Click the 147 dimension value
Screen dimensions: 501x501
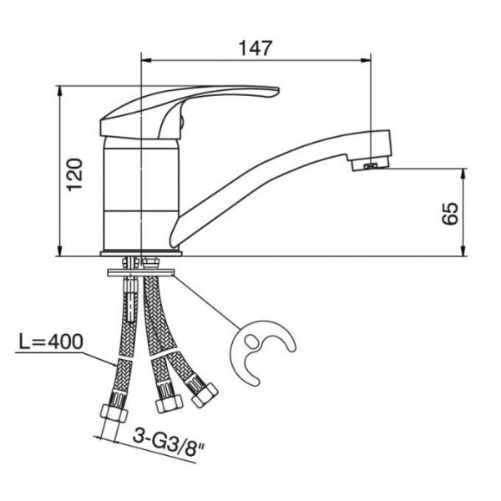pyautogui.click(x=256, y=48)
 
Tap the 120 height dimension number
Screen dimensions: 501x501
pyautogui.click(x=74, y=175)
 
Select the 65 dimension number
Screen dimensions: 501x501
pyautogui.click(x=450, y=214)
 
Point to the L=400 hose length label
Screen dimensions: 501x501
pyautogui.click(x=51, y=342)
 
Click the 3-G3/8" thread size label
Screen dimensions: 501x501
pyautogui.click(x=169, y=443)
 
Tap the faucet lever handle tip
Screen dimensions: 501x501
pyautogui.click(x=276, y=91)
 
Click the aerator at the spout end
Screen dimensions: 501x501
pyautogui.click(x=371, y=164)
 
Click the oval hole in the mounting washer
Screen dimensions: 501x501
pyautogui.click(x=250, y=341)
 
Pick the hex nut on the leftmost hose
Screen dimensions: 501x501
pyautogui.click(x=114, y=413)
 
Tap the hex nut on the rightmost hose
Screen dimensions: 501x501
pyautogui.click(x=205, y=395)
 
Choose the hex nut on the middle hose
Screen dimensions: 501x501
pyautogui.click(x=170, y=403)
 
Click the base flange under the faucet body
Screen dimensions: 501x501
pyautogui.click(x=141, y=254)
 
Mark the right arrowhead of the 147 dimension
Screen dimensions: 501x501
pyautogui.click(x=367, y=60)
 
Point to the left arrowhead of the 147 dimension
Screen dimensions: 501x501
pyautogui.click(x=146, y=60)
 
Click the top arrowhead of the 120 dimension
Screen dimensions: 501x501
pyautogui.click(x=59, y=91)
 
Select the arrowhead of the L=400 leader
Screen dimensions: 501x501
pyautogui.click(x=114, y=363)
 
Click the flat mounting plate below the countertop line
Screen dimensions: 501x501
pyautogui.click(x=141, y=273)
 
